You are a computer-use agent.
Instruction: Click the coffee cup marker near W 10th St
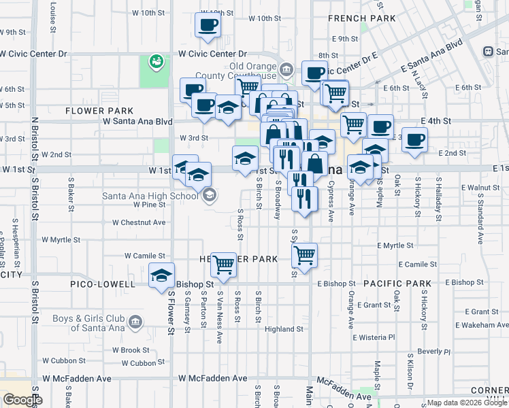pos(208,25)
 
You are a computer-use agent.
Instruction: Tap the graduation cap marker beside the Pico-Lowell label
pos(162,276)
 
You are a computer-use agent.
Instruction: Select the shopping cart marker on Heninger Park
pos(223,266)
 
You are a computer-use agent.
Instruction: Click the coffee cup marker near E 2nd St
pos(414,140)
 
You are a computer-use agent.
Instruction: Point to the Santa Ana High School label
pos(150,196)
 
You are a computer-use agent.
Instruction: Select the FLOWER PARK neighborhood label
pos(99,111)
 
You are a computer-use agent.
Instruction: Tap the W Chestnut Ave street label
pos(139,222)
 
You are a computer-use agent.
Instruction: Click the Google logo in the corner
pos(23,400)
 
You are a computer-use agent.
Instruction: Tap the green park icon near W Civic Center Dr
pos(157,62)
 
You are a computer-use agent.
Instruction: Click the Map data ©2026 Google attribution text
pos(466,403)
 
